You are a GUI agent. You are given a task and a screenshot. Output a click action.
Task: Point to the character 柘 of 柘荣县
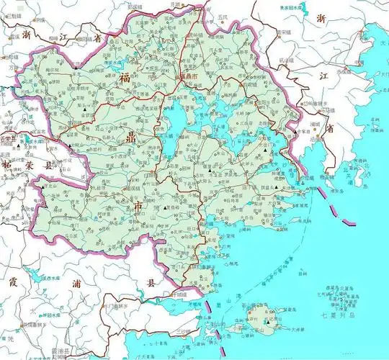(8, 165)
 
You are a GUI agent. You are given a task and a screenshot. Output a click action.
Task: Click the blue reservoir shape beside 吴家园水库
(306, 11)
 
